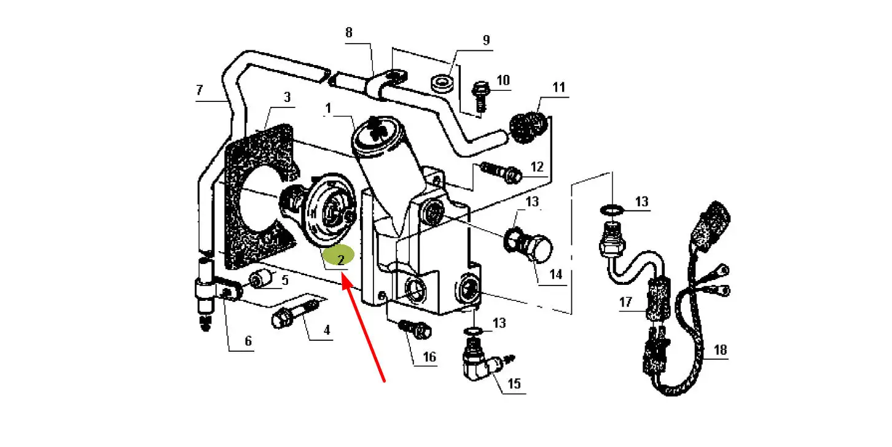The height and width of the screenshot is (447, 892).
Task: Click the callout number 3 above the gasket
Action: pyautogui.click(x=286, y=97)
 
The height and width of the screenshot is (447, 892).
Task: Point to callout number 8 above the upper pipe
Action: pyautogui.click(x=349, y=33)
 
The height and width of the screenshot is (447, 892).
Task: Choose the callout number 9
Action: pyautogui.click(x=486, y=41)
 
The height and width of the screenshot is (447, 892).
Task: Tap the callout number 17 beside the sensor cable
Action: pyautogui.click(x=625, y=302)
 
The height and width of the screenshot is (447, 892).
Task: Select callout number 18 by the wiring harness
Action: pyautogui.click(x=720, y=350)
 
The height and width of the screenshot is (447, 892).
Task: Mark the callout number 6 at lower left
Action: pyautogui.click(x=248, y=341)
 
